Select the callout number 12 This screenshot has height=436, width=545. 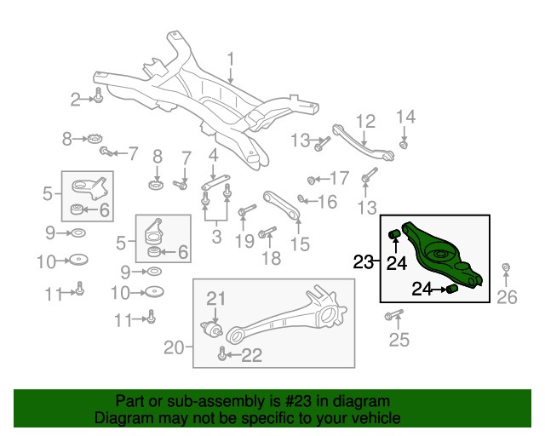click(365, 120)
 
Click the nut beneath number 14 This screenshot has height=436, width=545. click(404, 142)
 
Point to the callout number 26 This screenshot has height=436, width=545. click(507, 296)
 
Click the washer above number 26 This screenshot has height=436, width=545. click(507, 270)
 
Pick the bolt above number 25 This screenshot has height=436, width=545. click(393, 317)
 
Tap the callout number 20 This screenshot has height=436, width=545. click(174, 347)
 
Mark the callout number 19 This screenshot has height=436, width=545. click(244, 241)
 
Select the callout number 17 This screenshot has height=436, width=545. click(339, 179)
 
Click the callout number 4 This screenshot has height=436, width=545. click(213, 156)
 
